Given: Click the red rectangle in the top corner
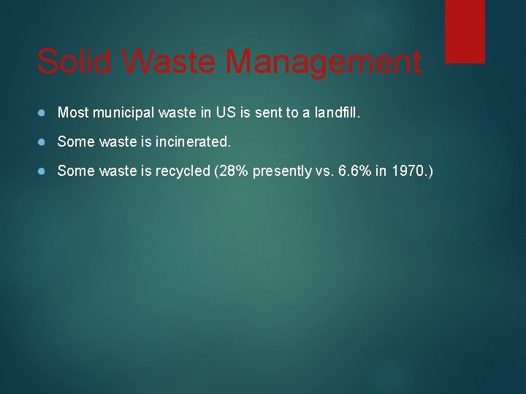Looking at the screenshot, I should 465,31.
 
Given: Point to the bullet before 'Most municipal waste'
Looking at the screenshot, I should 44,113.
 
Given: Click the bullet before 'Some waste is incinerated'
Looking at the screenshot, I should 44,142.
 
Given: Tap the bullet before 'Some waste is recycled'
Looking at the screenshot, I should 44,171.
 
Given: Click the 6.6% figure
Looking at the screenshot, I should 353,171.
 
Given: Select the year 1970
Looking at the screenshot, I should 409,171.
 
